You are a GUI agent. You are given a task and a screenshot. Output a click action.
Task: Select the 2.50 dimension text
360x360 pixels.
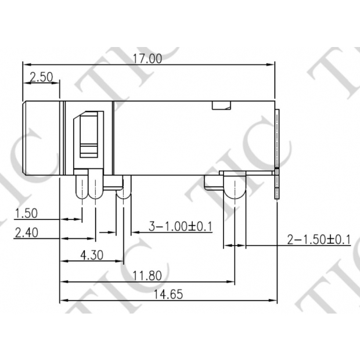(42, 77)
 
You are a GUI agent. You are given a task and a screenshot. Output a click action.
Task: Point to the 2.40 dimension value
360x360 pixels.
(27, 232)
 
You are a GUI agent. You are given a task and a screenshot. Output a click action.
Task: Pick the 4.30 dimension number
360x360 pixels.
(92, 254)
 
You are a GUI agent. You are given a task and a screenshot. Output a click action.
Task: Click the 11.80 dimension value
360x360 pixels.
(147, 275)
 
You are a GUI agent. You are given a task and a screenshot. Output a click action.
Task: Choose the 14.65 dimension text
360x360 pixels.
(168, 294)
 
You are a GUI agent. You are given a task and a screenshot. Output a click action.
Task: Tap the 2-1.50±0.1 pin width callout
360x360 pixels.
(319, 239)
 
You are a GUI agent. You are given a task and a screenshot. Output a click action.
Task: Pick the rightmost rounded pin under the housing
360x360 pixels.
(235, 188)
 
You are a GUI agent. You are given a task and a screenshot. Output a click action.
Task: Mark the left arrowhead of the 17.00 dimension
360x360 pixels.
(25, 63)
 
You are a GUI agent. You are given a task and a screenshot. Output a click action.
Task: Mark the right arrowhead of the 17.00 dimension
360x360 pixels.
(272, 63)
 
